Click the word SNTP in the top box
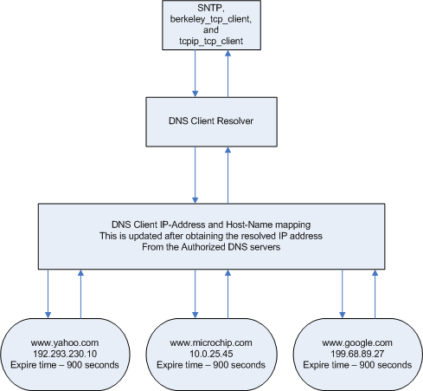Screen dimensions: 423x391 (x=210, y=8)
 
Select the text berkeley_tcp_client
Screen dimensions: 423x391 (x=211, y=19)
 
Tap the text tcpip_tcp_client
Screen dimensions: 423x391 (x=211, y=41)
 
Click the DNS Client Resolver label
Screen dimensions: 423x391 (x=211, y=121)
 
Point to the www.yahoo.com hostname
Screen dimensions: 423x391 (x=65, y=342)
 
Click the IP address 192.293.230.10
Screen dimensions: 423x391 (x=65, y=354)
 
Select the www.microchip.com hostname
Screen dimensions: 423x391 (x=211, y=342)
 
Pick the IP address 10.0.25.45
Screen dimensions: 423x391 (x=211, y=354)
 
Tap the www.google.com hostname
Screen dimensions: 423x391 (x=357, y=342)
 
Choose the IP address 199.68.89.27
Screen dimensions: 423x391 (x=357, y=354)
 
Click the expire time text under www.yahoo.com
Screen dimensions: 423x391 (x=65, y=365)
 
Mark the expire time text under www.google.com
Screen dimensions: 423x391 (x=357, y=365)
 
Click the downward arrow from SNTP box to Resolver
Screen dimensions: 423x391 (x=195, y=74)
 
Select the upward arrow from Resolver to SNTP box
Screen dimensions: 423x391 (x=228, y=74)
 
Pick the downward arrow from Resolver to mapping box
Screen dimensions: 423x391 (x=195, y=175)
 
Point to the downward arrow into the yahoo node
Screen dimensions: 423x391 (x=48, y=294)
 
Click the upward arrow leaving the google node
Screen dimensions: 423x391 (x=375, y=294)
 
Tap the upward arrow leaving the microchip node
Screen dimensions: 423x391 (x=228, y=294)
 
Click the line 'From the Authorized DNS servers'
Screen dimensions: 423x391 (x=211, y=247)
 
